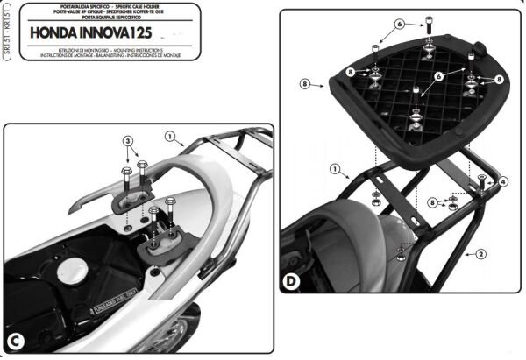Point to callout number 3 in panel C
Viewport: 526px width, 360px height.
(126, 141)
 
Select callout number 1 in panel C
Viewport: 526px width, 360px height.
(170, 138)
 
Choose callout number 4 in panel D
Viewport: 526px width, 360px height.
(503, 181)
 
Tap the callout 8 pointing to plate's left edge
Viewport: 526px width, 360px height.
(306, 85)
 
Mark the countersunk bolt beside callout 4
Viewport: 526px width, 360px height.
(483, 183)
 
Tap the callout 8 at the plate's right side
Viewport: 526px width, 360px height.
(497, 79)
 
